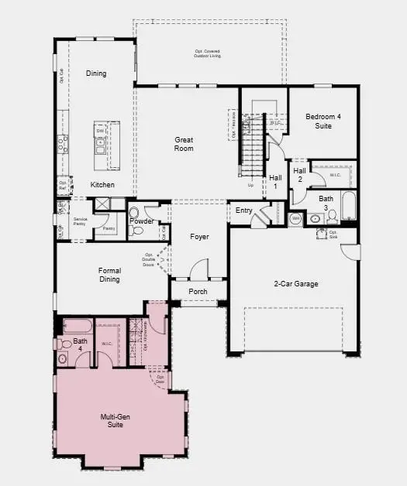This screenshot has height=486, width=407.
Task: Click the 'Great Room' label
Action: (184, 144)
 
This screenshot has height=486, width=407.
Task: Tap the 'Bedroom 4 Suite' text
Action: (322, 121)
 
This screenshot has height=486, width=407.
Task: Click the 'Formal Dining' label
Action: (109, 275)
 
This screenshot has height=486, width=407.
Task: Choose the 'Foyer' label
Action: (200, 236)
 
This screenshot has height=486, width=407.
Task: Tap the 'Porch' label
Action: (198, 292)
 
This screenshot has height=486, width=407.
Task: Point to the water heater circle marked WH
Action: (295, 219)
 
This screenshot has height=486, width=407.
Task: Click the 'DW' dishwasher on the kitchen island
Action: (100, 132)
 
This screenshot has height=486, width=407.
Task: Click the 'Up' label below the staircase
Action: (250, 186)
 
